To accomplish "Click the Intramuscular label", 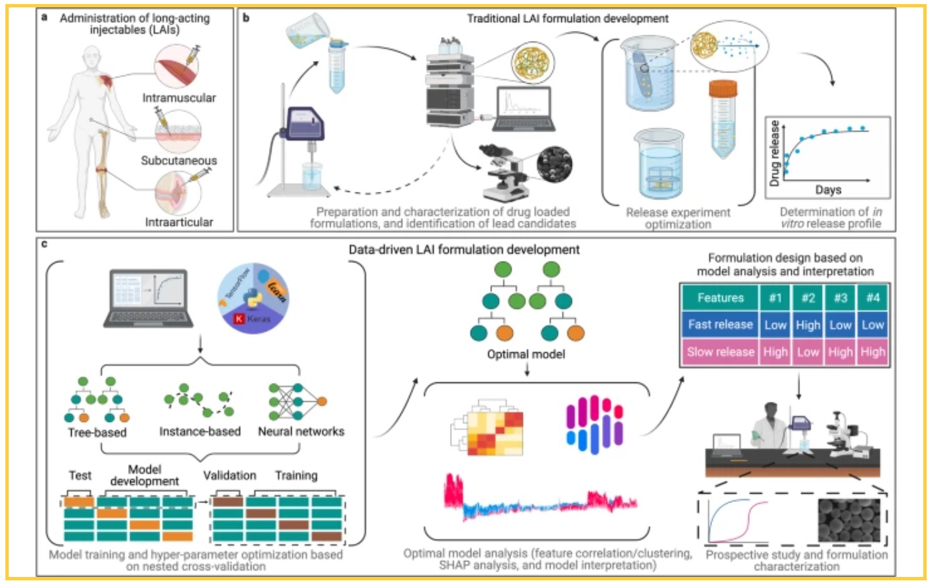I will (x=179, y=98).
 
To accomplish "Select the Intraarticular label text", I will (x=179, y=222).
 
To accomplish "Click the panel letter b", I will (x=246, y=17).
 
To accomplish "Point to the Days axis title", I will (x=828, y=190).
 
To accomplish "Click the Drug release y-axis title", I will (x=774, y=154).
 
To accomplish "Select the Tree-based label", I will (x=97, y=432).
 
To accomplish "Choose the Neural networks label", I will (x=301, y=431).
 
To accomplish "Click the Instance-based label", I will (x=200, y=431).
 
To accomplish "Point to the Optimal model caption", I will (x=526, y=354).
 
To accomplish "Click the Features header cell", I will (x=720, y=298).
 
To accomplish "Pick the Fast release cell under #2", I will (x=807, y=325).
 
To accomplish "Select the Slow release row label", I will (x=720, y=352).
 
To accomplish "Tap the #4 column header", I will (x=872, y=298).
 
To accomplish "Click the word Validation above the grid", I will (x=229, y=475).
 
